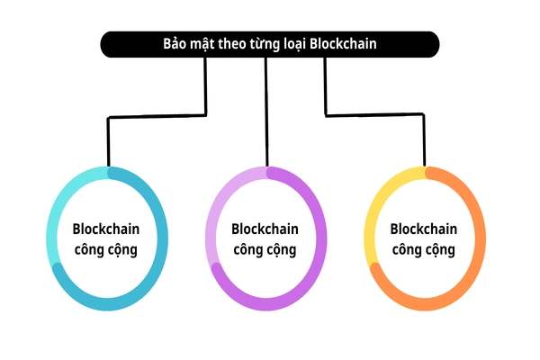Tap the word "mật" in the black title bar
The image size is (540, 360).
click(205, 44)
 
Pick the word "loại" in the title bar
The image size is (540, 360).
click(304, 44)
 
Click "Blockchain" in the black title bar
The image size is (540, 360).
click(349, 44)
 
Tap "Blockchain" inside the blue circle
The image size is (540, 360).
click(106, 229)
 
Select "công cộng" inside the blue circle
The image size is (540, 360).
click(106, 249)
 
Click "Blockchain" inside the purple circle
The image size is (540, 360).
click(265, 229)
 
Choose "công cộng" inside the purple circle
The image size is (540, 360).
click(265, 249)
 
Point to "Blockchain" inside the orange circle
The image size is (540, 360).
click(425, 229)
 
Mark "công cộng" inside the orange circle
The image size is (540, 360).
click(425, 249)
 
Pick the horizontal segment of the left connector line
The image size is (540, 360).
click(157, 116)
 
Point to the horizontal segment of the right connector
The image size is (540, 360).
click(374, 114)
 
